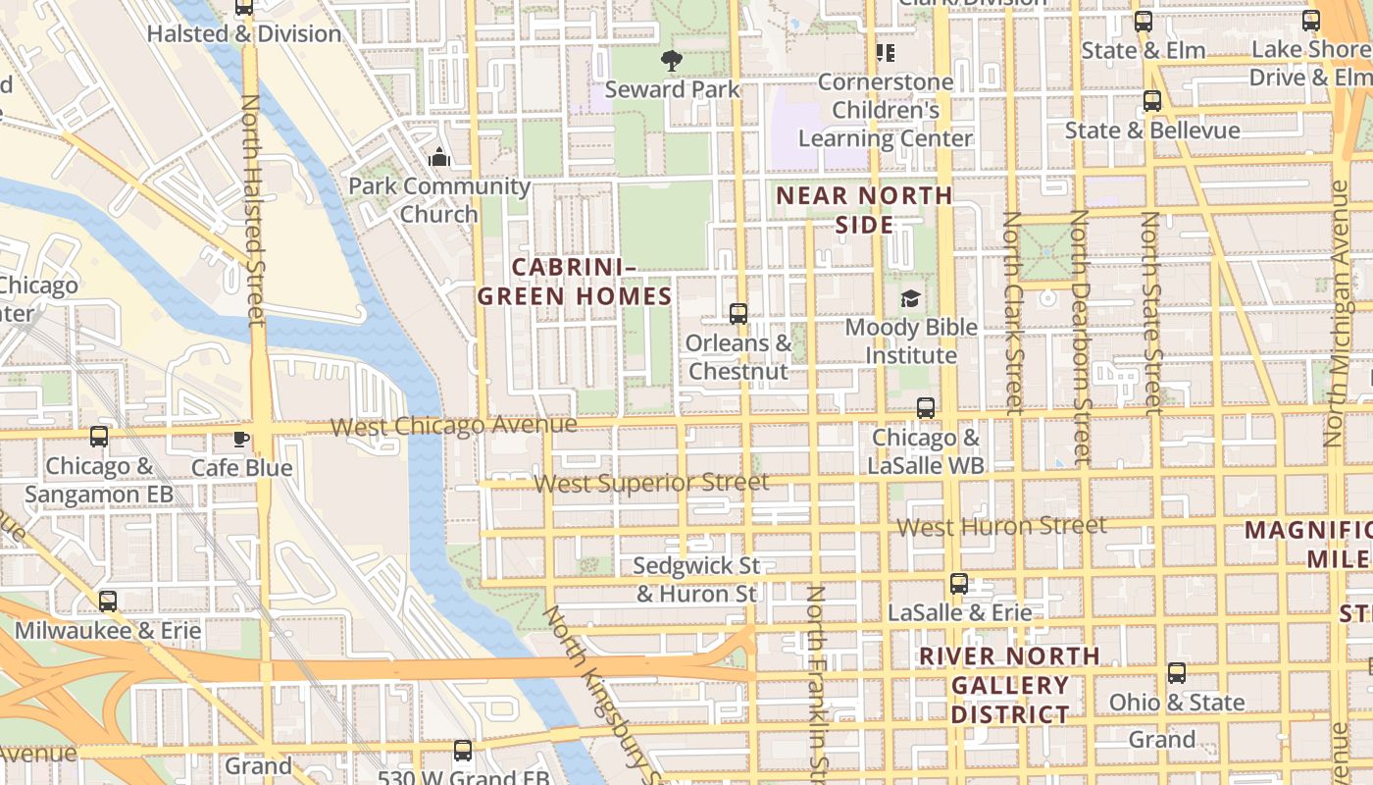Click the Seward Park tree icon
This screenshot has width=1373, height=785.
672,61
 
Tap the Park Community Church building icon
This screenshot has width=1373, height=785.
439,157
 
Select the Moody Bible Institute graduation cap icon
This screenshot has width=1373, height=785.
911,298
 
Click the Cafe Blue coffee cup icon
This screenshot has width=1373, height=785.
241,439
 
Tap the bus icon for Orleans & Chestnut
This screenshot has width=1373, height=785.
738,314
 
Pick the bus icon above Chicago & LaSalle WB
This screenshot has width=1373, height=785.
925,408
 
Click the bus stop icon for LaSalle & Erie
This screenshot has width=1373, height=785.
959,584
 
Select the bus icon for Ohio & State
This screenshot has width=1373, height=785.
1176,673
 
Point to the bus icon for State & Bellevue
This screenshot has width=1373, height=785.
1152,101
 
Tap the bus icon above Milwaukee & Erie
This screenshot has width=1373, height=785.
108,601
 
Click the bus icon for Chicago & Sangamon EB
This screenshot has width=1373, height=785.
99,437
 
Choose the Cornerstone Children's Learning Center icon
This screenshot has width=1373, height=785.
886,53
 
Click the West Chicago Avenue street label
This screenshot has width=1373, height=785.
453,426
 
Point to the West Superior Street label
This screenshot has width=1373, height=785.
652,483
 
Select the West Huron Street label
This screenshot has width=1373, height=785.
1001,527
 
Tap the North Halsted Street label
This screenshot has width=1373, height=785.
253,210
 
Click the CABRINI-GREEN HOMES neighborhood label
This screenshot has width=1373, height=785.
575,282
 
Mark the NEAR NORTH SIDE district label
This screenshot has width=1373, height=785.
864,210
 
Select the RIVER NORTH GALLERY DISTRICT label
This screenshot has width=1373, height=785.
1010,685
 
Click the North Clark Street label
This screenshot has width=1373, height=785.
1014,312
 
